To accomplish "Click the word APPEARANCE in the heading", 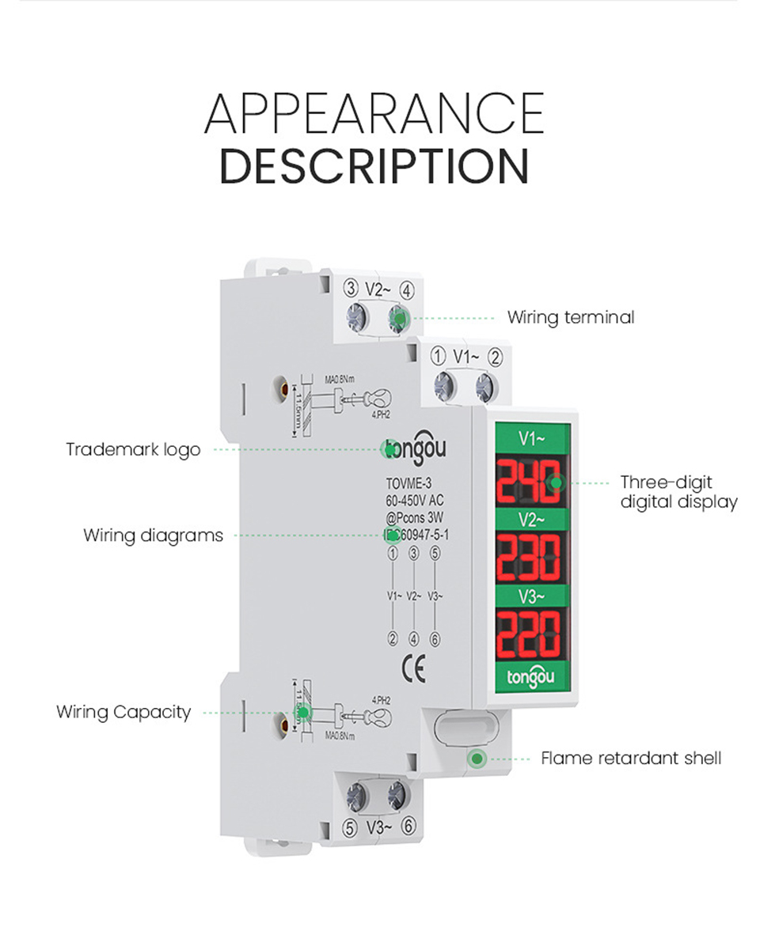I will click(374, 114).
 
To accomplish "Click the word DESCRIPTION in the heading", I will click(374, 166).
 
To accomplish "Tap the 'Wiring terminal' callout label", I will click(570, 318).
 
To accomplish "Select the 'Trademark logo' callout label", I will click(133, 449).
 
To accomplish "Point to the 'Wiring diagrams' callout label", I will click(153, 536).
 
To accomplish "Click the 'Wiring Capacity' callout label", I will click(123, 712).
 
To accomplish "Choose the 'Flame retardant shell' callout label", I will click(631, 759).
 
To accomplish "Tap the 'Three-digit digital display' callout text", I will click(678, 492).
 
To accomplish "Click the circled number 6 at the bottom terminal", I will click(408, 827).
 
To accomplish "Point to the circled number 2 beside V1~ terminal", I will click(495, 358).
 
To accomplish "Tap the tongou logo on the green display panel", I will click(530, 678).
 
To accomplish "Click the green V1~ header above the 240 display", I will click(531, 436).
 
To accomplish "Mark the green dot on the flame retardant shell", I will click(477, 759).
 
